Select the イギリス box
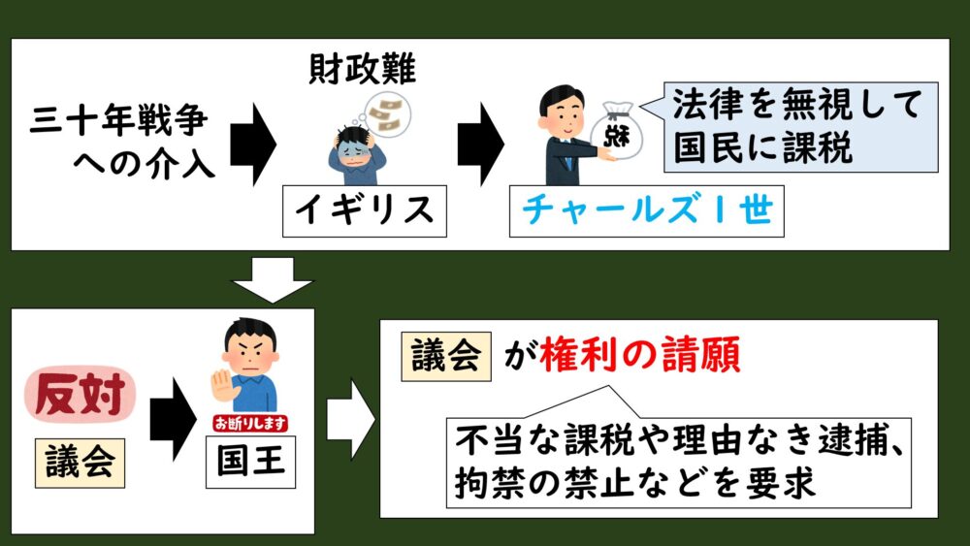365,211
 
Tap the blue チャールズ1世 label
644,211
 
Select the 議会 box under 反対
79,462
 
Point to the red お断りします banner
249,424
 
